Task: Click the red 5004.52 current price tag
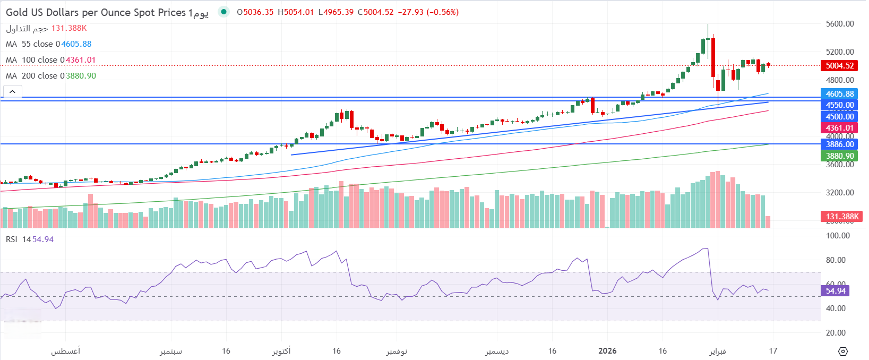839,66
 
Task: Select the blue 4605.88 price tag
839,94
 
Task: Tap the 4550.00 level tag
839,105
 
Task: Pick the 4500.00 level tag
839,117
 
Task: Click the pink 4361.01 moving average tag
839,128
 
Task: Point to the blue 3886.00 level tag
839,144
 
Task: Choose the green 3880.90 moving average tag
839,156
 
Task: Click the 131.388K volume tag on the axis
841,217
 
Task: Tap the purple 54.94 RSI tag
835,291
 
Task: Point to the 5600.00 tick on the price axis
840,24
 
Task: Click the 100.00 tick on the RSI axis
838,236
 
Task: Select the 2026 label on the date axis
607,351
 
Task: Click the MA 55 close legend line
48,44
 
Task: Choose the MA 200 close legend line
50,76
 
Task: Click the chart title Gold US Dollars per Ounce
96,12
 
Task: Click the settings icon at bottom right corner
843,352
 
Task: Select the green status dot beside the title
224,12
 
